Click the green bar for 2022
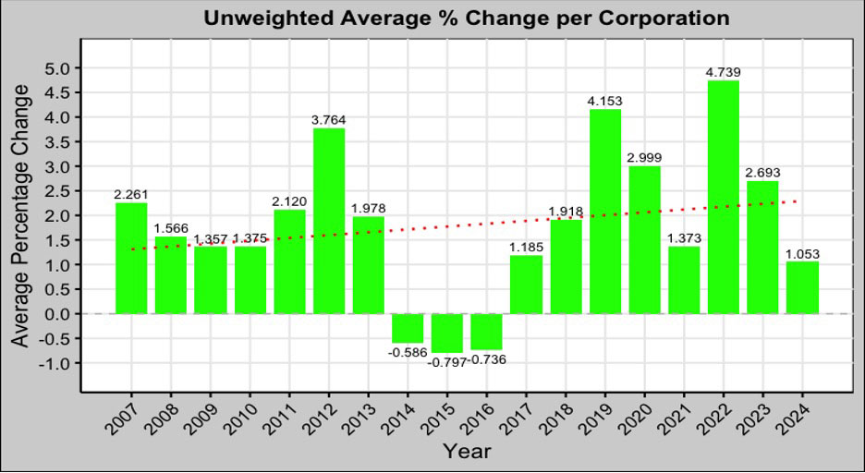[724, 197]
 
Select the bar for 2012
[329, 221]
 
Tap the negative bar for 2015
[447, 333]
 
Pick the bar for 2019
[605, 212]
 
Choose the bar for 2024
[802, 287]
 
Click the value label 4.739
[724, 72]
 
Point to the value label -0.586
[408, 352]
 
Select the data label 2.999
[645, 158]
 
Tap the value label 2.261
[131, 194]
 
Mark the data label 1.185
[527, 247]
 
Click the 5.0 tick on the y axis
[57, 68]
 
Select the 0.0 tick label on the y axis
[57, 314]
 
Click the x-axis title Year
[467, 452]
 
